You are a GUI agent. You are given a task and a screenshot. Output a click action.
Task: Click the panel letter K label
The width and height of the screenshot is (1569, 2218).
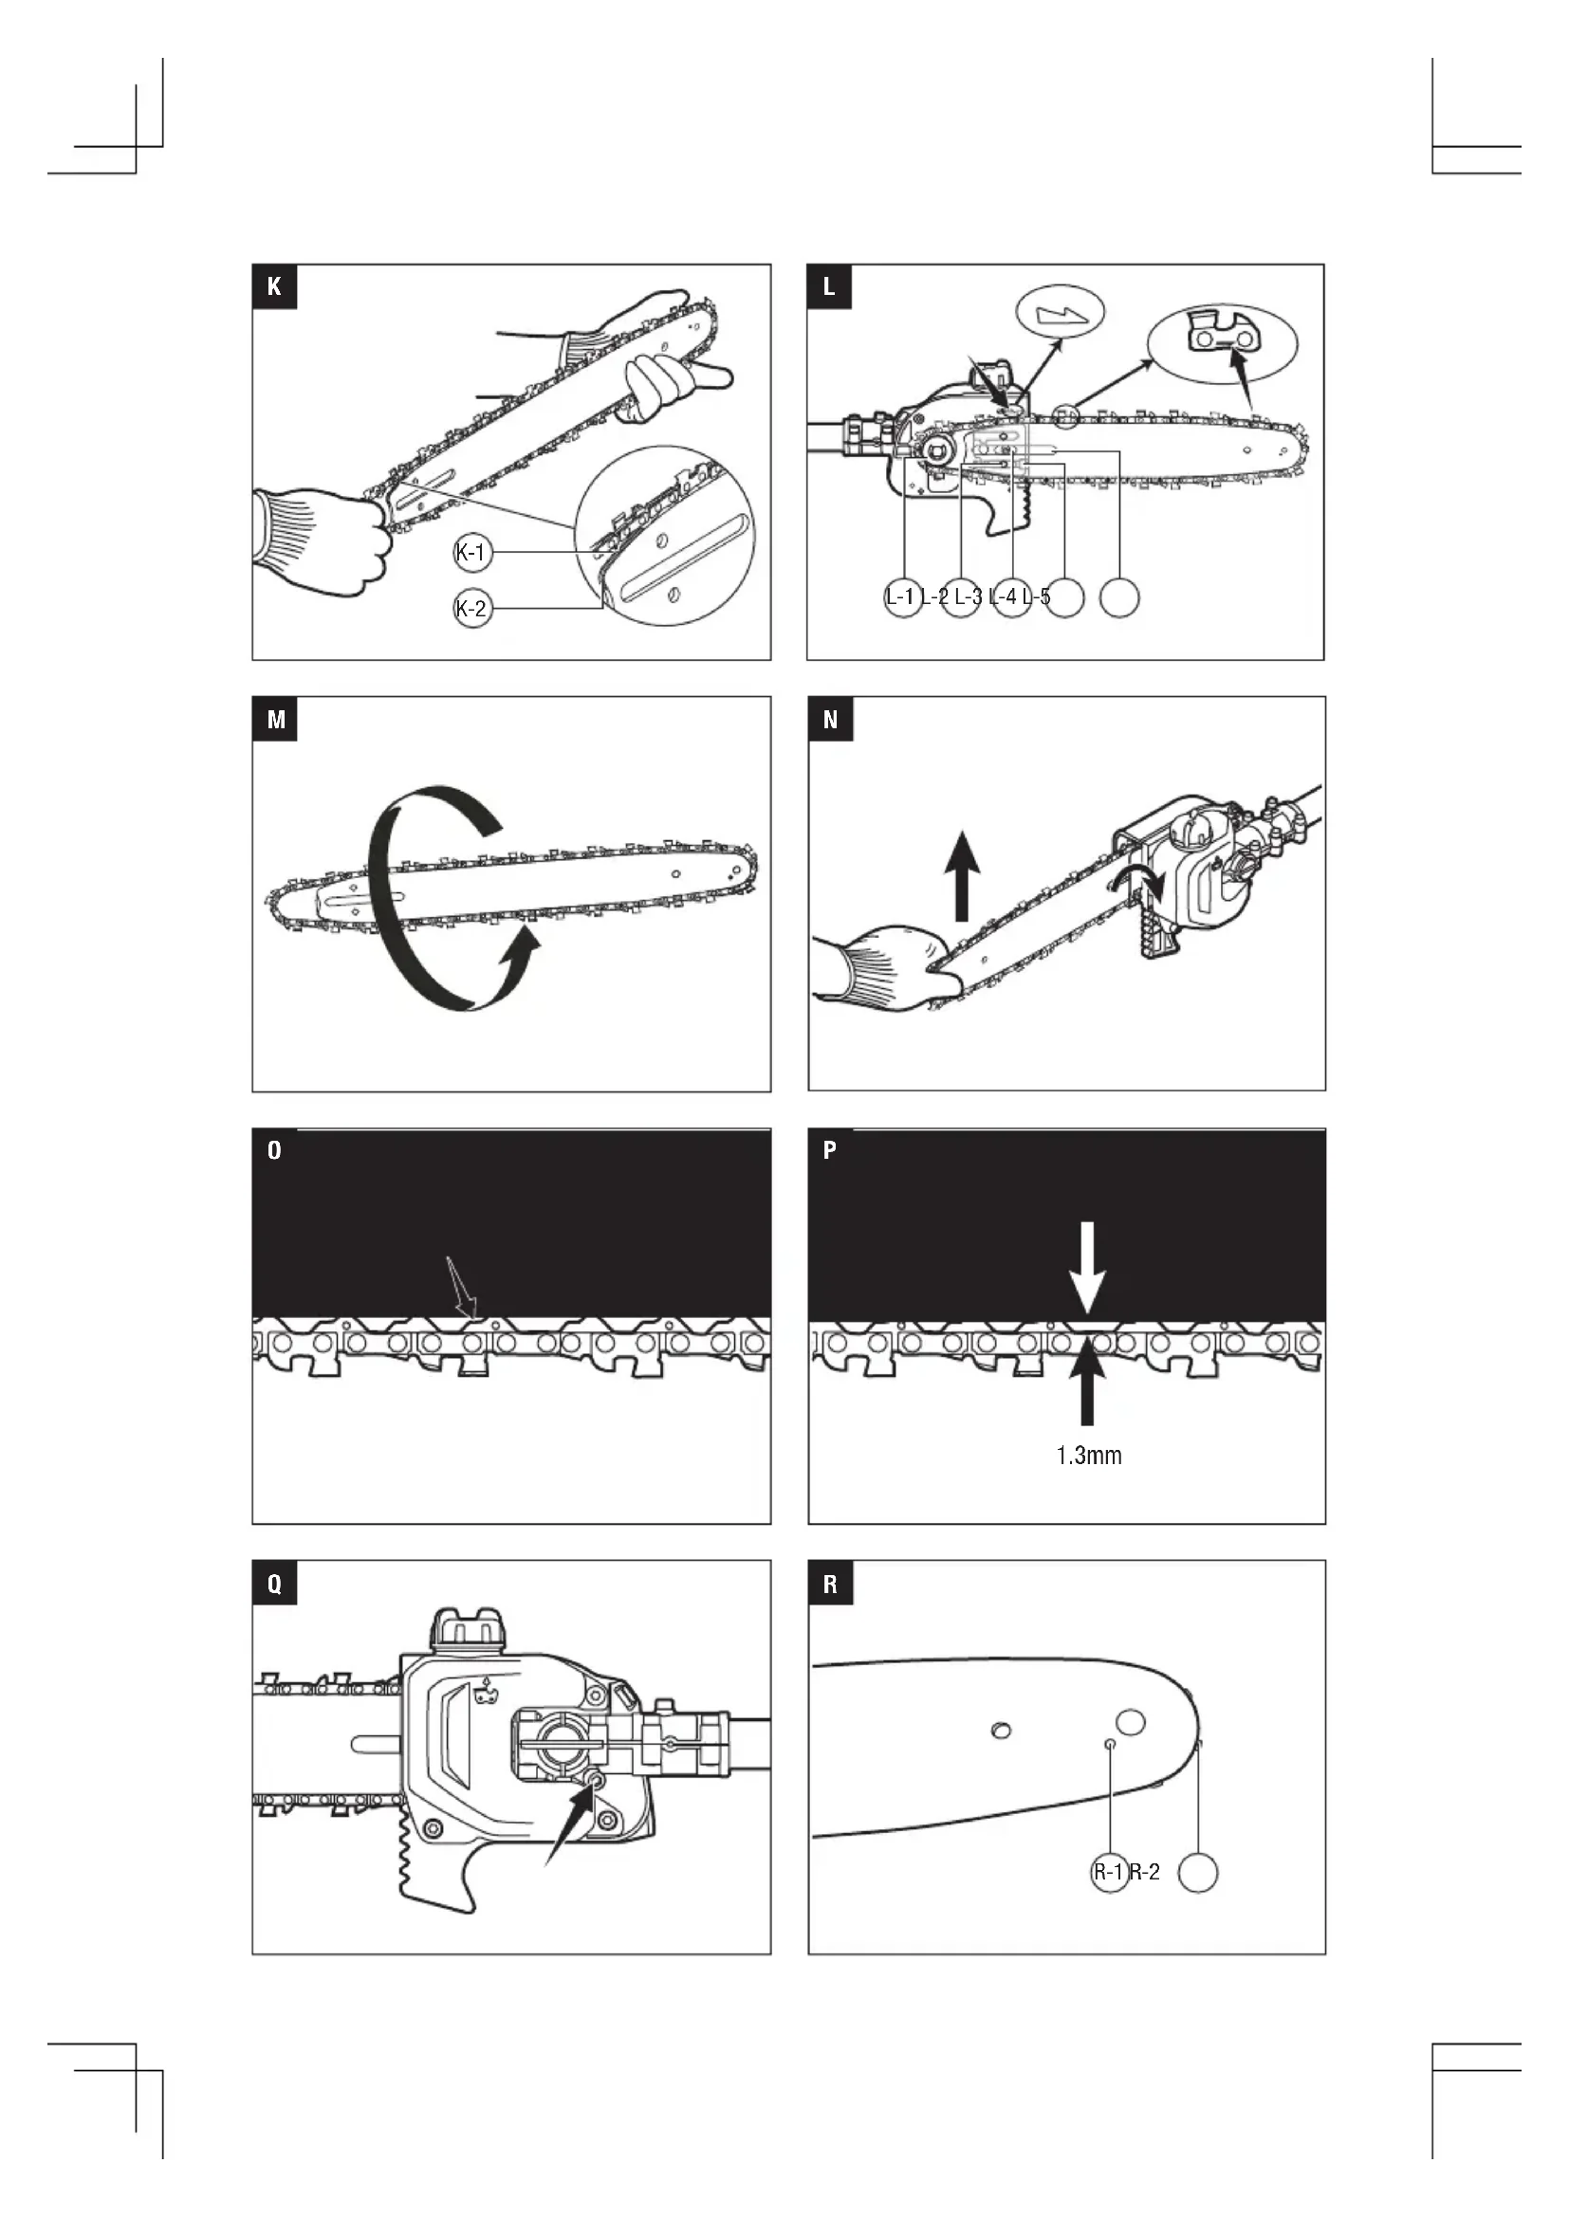click(274, 287)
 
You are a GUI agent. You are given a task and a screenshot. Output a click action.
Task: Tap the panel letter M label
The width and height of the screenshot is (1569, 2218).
click(275, 720)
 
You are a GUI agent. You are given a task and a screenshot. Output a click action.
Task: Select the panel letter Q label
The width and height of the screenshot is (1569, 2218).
click(274, 1585)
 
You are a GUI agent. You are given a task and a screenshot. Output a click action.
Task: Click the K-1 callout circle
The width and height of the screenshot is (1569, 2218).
click(473, 553)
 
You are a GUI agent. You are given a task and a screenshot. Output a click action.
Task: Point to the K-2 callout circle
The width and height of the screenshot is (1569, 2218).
click(472, 609)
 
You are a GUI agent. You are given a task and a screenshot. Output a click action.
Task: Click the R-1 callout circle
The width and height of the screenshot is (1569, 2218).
click(1109, 1872)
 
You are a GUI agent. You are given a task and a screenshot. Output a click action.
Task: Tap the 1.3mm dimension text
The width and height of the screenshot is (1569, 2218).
click(1089, 1456)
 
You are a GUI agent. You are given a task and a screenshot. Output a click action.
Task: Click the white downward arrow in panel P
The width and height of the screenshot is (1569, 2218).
click(1087, 1266)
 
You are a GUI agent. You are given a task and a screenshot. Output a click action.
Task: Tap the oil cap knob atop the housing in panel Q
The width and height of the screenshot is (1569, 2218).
click(469, 1630)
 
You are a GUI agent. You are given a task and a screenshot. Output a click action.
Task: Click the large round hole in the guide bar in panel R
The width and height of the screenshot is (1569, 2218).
click(1131, 1721)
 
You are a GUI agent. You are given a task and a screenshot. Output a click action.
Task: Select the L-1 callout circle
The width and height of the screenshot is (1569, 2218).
click(902, 597)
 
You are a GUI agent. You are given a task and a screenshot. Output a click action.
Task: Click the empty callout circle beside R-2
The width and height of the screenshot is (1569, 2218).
click(1198, 1872)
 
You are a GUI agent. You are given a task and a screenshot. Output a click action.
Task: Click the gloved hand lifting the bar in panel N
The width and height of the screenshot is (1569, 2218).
click(884, 971)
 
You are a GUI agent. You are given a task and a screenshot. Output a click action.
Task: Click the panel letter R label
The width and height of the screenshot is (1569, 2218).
click(830, 1585)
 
